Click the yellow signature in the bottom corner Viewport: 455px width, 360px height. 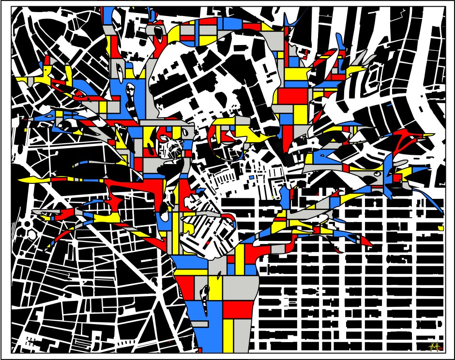pos(434,346)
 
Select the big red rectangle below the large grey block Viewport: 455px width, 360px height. pos(238,309)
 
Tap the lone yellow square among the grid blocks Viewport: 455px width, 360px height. pos(440,227)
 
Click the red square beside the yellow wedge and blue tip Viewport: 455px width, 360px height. pos(397,178)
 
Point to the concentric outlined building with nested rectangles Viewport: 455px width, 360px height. pos(373,75)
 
